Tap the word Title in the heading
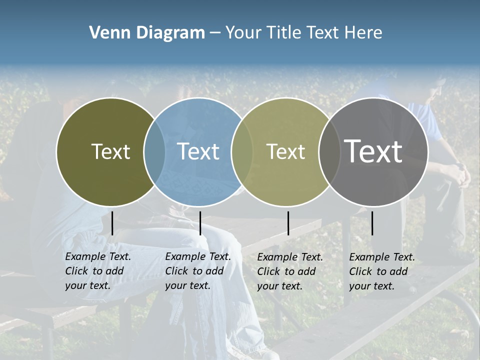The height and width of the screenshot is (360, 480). (285, 33)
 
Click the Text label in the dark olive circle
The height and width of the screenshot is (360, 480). (110, 151)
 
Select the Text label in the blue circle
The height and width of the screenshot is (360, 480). (198, 151)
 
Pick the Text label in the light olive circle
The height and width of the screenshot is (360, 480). (285, 151)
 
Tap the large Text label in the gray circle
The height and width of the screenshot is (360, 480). (373, 151)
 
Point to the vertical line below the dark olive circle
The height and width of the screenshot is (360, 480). (112, 223)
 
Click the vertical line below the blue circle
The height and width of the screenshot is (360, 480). (200, 223)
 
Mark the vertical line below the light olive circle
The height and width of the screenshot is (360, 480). (288, 223)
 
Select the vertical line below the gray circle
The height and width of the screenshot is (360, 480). (372, 223)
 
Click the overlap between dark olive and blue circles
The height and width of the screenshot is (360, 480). (154, 152)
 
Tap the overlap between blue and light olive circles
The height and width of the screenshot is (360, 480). (242, 152)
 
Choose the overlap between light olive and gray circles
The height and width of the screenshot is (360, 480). (329, 152)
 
